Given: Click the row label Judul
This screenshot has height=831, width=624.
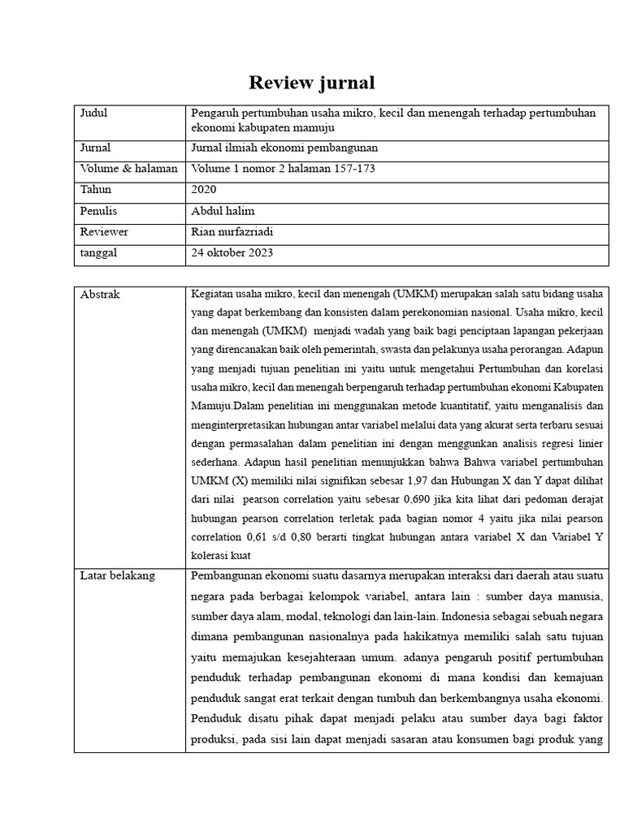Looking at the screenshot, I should click(93, 113).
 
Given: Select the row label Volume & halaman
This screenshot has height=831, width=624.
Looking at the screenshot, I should click(128, 169).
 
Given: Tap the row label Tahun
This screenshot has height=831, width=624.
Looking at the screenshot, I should click(95, 189).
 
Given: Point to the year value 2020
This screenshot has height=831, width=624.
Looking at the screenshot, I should click(204, 189).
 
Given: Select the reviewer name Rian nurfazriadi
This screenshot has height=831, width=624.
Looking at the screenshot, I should click(232, 231).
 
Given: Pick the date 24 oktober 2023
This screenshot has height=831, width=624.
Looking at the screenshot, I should click(232, 252).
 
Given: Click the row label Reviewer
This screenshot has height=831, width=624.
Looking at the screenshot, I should click(104, 231).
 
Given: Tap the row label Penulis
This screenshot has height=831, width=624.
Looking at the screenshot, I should click(98, 210).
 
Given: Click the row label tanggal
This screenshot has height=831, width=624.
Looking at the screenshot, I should click(98, 252).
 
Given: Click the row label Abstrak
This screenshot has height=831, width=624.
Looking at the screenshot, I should click(100, 295).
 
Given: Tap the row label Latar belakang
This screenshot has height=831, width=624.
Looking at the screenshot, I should click(117, 576).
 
